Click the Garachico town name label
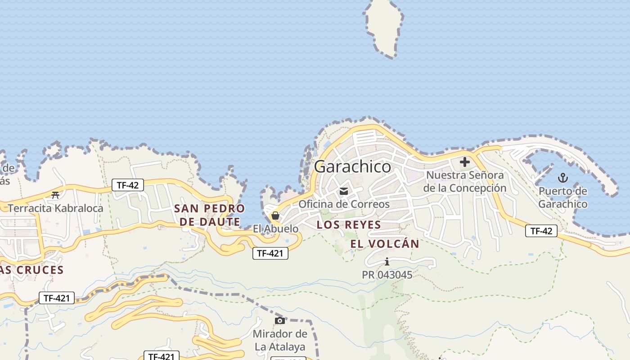pyautogui.click(x=353, y=166)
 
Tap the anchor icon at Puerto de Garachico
pyautogui.click(x=563, y=178)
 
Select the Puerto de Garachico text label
pyautogui.click(x=563, y=198)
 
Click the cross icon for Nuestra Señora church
pyautogui.click(x=465, y=162)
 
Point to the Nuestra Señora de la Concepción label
pyautogui.click(x=465, y=181)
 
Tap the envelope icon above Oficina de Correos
pyautogui.click(x=344, y=191)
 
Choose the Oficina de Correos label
pyautogui.click(x=344, y=204)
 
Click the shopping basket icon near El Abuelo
pyautogui.click(x=275, y=216)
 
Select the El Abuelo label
pyautogui.click(x=275, y=229)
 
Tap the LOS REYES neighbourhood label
pyautogui.click(x=349, y=225)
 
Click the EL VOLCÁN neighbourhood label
pyautogui.click(x=385, y=244)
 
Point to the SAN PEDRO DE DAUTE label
pyautogui.click(x=209, y=215)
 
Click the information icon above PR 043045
pyautogui.click(x=387, y=261)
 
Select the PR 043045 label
pyautogui.click(x=387, y=274)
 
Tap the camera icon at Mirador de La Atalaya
pyautogui.click(x=280, y=320)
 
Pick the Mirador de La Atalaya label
pyautogui.click(x=280, y=340)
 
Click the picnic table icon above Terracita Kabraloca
pyautogui.click(x=55, y=195)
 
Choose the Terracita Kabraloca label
pyautogui.click(x=55, y=208)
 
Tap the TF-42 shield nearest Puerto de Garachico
pyautogui.click(x=541, y=231)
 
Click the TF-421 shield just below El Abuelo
pyautogui.click(x=270, y=253)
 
